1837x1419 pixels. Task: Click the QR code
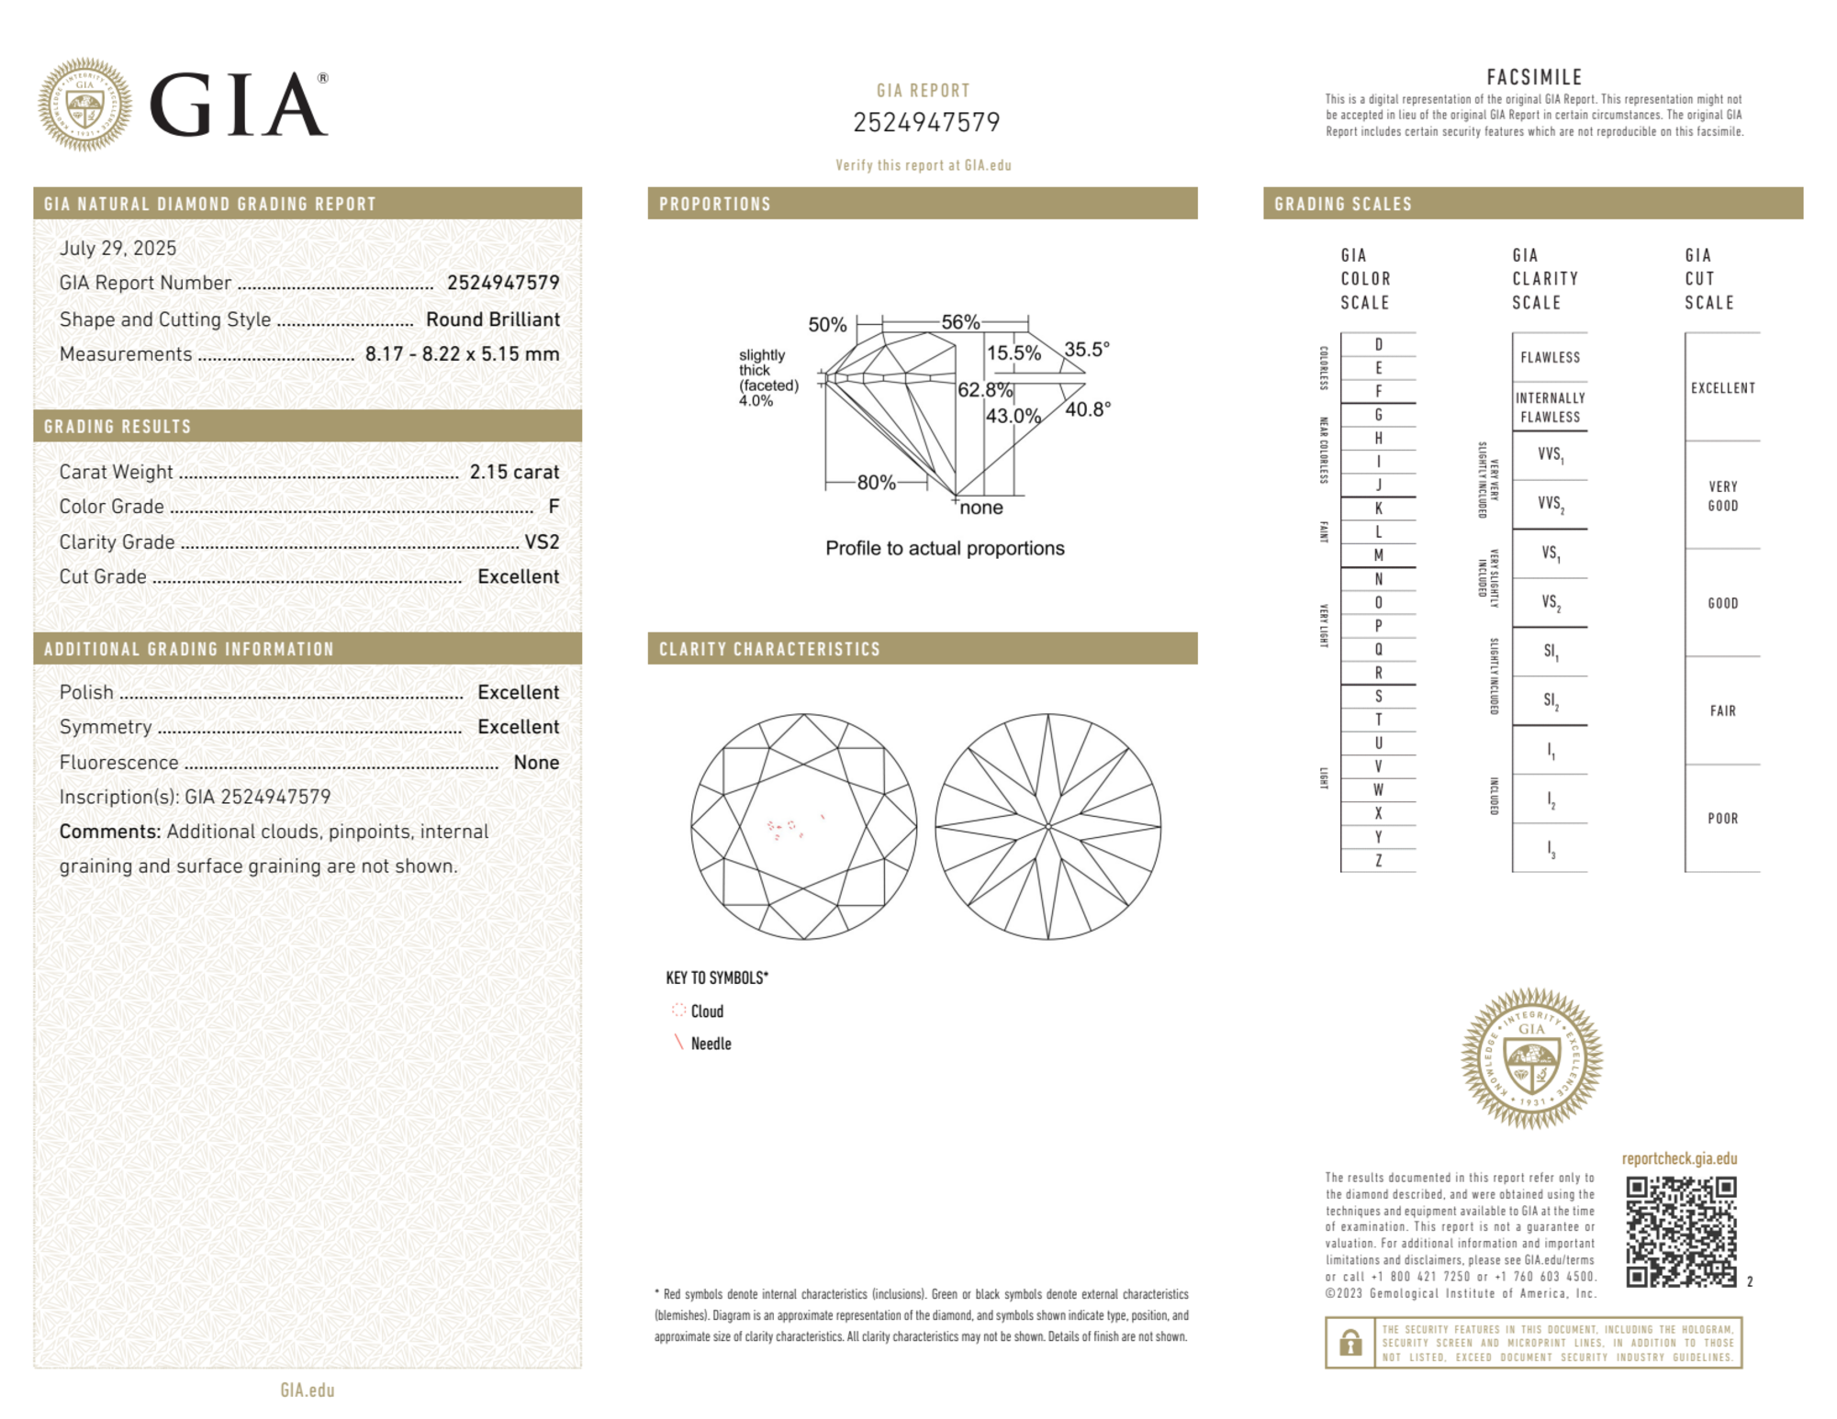pyautogui.click(x=1680, y=1232)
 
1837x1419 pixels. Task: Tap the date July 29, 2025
pyautogui.click(x=118, y=248)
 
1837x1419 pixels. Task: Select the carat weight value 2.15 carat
pyautogui.click(x=514, y=472)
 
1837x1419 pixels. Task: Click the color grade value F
pyautogui.click(x=554, y=507)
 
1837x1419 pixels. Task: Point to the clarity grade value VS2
pyautogui.click(x=542, y=542)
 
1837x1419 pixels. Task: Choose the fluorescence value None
pyautogui.click(x=536, y=762)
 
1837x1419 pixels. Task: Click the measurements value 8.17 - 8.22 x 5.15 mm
pyautogui.click(x=462, y=354)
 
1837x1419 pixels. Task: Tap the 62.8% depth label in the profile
pyautogui.click(x=984, y=390)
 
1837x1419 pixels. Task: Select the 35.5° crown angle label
pyautogui.click(x=1087, y=350)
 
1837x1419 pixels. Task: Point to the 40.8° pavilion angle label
pyautogui.click(x=1088, y=409)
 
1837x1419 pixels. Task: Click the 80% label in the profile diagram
pyautogui.click(x=876, y=483)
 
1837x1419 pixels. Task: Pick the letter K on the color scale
pyautogui.click(x=1378, y=508)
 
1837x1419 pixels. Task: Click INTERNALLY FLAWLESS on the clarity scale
pyautogui.click(x=1550, y=408)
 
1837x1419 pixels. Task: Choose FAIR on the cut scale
pyautogui.click(x=1722, y=710)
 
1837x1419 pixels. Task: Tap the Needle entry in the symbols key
pyautogui.click(x=711, y=1044)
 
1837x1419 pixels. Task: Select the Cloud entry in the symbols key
pyautogui.click(x=707, y=1011)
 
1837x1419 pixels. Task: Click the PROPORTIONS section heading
pyautogui.click(x=715, y=204)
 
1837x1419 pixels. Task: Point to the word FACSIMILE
pyautogui.click(x=1534, y=78)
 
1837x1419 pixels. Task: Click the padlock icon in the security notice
pyautogui.click(x=1350, y=1343)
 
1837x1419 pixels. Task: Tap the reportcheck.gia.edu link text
pyautogui.click(x=1679, y=1158)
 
